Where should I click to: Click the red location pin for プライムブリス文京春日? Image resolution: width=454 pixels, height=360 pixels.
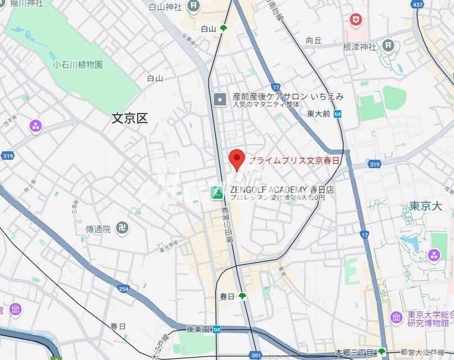[237, 160]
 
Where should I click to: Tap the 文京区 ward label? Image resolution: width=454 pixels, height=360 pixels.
[129, 118]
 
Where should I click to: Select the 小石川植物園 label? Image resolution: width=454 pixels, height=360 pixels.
[78, 65]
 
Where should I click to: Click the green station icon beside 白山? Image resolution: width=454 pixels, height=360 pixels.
[224, 28]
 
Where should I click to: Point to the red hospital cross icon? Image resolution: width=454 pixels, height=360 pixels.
[355, 20]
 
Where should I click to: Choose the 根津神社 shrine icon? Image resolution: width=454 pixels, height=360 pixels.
[388, 44]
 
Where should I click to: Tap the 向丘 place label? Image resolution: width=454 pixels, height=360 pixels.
[314, 40]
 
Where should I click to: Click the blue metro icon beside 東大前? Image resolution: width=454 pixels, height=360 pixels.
[337, 114]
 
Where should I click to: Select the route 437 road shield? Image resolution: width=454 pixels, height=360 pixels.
[433, 5]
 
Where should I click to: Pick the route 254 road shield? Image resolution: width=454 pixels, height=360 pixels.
[124, 289]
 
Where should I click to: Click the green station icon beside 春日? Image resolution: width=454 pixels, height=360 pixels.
[242, 296]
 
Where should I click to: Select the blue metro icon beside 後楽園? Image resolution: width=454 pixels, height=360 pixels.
[216, 329]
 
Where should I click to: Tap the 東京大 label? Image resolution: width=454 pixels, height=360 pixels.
[425, 206]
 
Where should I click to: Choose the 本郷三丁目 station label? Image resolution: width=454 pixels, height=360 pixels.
[354, 353]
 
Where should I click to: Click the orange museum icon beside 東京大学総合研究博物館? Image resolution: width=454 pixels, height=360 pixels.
[397, 318]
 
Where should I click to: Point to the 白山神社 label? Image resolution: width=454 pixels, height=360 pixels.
[165, 7]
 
